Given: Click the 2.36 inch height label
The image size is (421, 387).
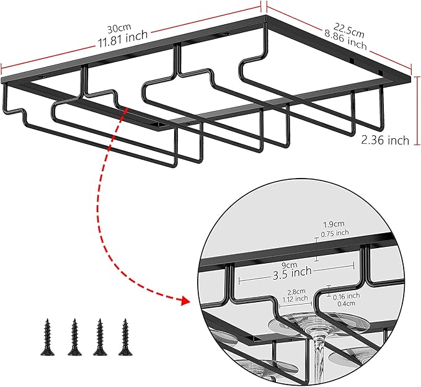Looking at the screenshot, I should [385, 141].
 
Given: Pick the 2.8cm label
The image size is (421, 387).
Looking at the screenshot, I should [296, 290].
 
